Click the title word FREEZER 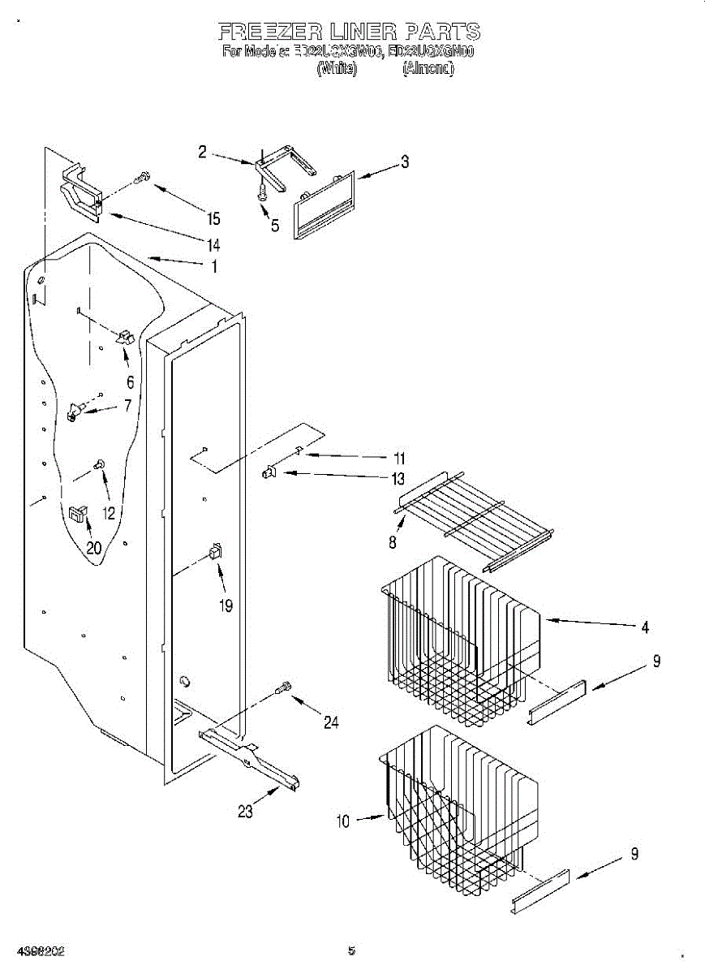tap(271, 32)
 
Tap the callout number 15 tap(213, 218)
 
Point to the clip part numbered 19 tap(215, 551)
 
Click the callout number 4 tap(645, 627)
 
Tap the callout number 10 tap(342, 821)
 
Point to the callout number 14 tap(213, 244)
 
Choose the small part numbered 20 tap(78, 513)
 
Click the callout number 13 tap(398, 479)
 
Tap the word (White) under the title tap(336, 70)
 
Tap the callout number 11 tap(398, 457)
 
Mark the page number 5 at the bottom tap(351, 950)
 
